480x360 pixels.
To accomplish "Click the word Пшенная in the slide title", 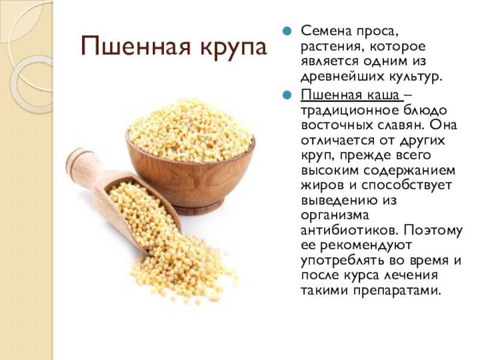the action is [x=136, y=46].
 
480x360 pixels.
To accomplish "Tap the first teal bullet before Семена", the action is [x=287, y=31].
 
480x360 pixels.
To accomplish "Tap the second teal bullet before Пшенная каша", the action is [x=287, y=95].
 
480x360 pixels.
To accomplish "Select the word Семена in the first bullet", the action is [x=326, y=31].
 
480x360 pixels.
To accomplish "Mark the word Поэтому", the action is [x=433, y=231].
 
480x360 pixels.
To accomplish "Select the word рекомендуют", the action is [x=366, y=246].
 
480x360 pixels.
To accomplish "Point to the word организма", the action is [x=335, y=216].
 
